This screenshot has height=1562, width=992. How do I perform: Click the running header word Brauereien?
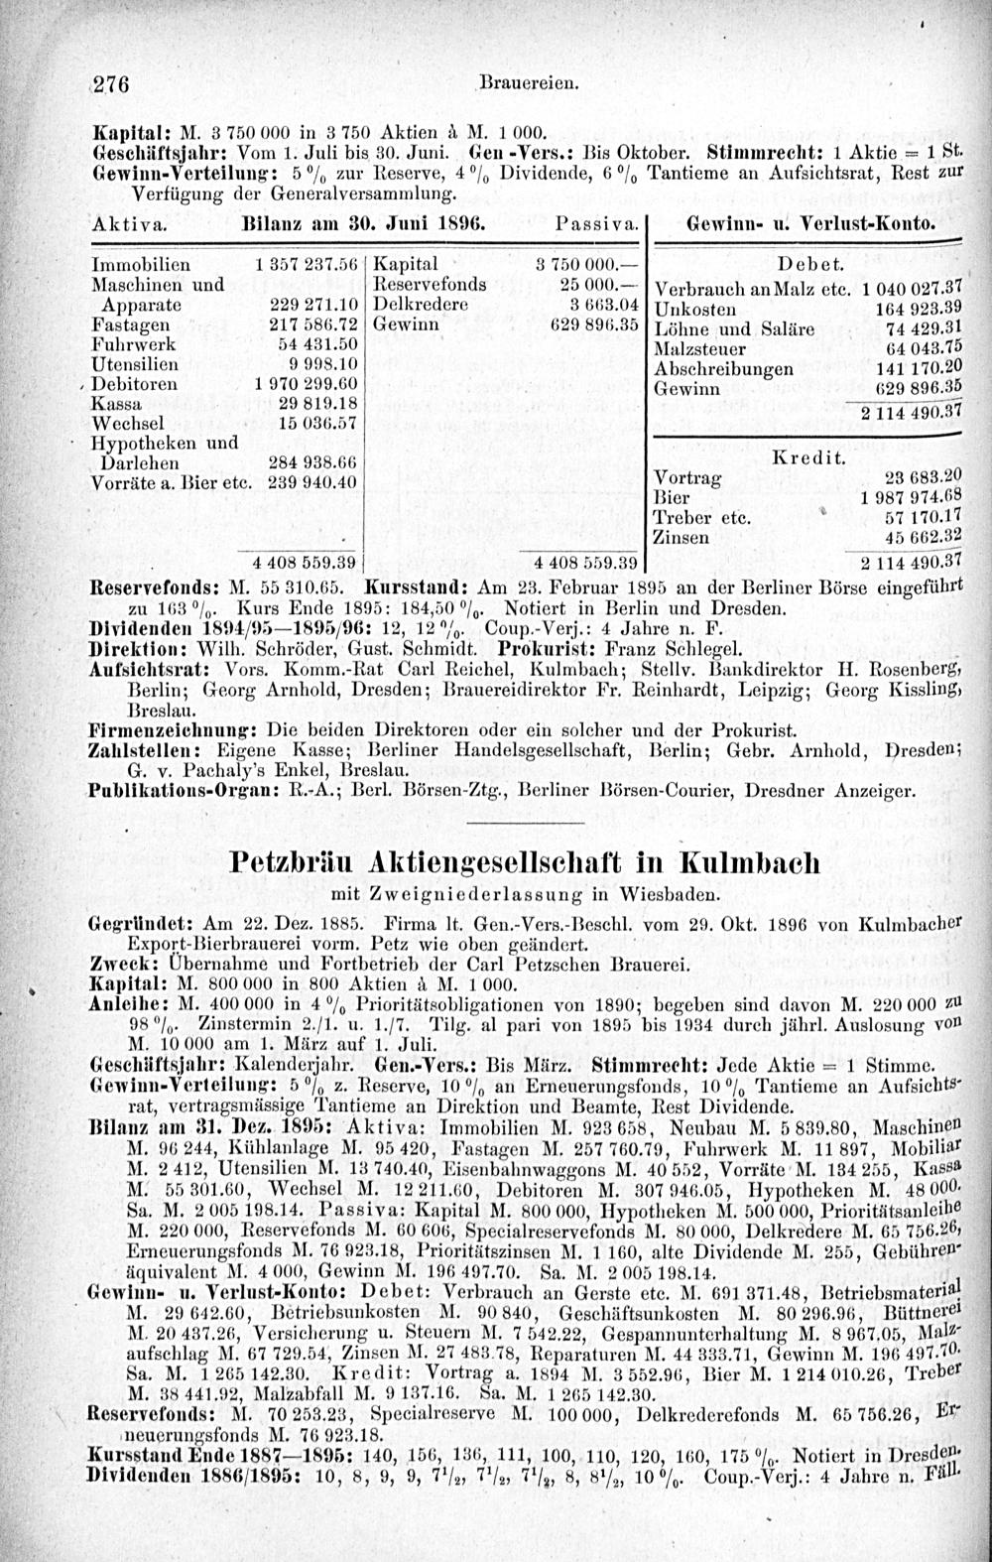pos(517,82)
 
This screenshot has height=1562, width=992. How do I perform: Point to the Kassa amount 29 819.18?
pos(312,404)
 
